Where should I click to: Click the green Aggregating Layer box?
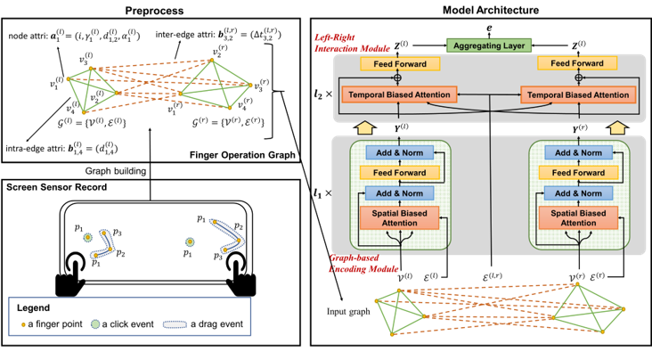pos(490,45)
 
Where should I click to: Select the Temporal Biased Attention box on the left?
pos(399,94)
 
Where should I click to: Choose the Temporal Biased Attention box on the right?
pos(579,94)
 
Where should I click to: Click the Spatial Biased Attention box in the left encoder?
pos(399,217)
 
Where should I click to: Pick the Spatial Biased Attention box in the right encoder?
pos(579,217)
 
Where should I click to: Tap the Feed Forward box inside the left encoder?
pos(399,172)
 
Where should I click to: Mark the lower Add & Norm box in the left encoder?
pos(399,193)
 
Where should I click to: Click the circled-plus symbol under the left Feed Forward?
pos(399,78)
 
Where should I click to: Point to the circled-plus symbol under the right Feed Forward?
pos(578,78)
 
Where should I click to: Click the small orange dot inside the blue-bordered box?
pos(24,325)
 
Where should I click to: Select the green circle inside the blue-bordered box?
pos(94,324)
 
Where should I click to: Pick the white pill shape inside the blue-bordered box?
pos(175,324)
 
